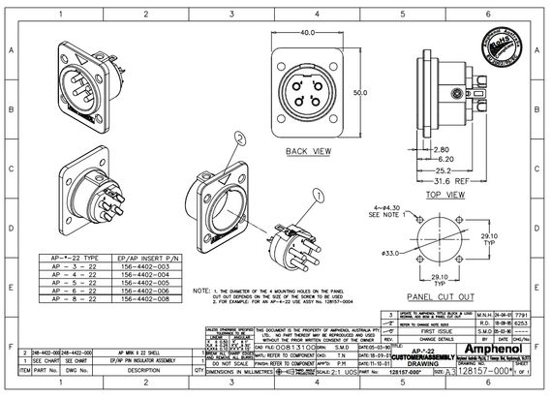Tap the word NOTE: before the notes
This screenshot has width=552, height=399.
point(201,291)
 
